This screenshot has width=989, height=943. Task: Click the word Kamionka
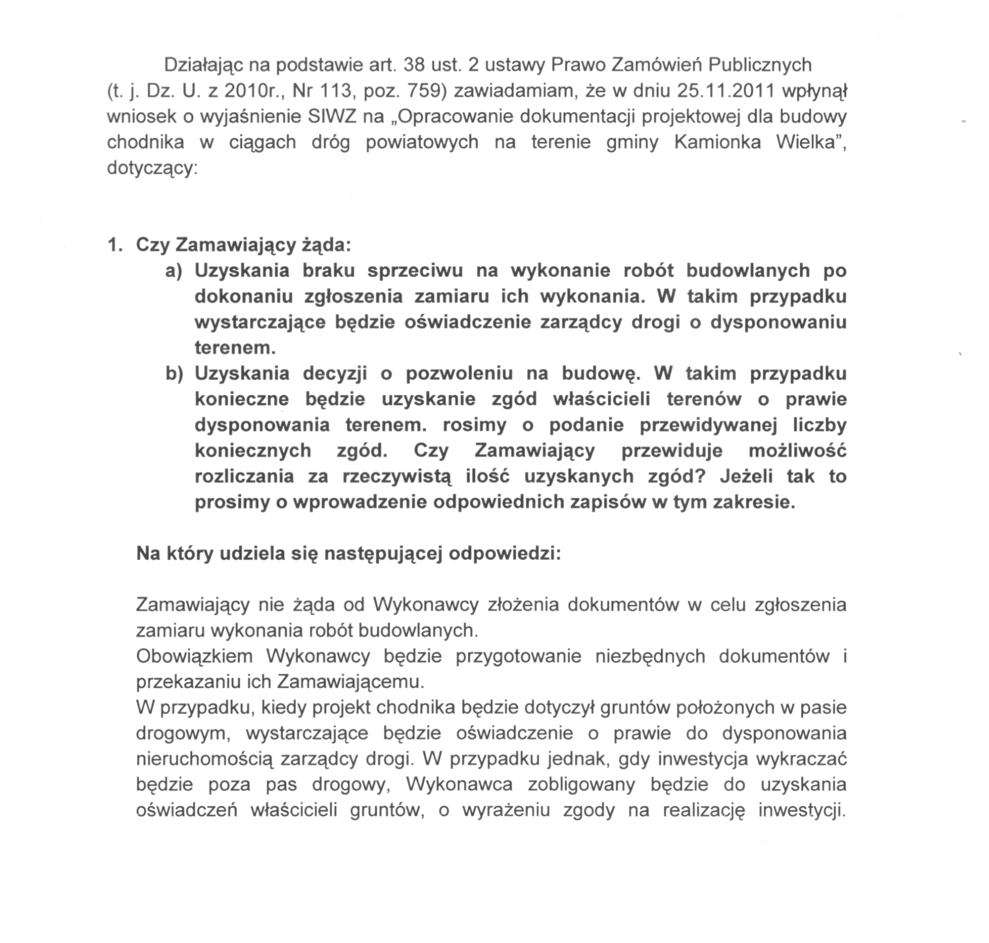tap(717, 143)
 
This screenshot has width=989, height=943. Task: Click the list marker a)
tap(174, 271)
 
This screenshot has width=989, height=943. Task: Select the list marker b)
tap(174, 373)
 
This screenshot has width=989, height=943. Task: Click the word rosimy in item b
tap(475, 425)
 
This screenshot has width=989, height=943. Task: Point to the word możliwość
tap(798, 451)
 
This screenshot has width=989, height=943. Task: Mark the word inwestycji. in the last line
tap(802, 810)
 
